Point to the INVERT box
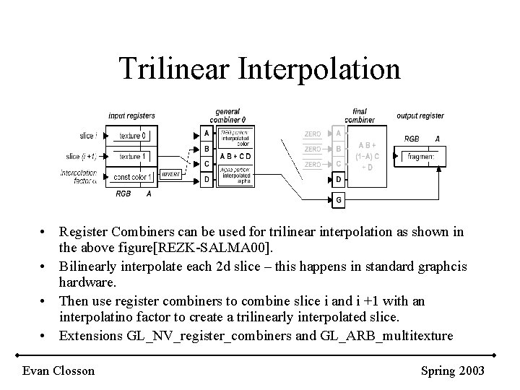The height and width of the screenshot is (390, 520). pyautogui.click(x=171, y=174)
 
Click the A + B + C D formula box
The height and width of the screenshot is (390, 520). pyautogui.click(x=235, y=156)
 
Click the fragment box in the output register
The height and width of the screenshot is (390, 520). pyautogui.click(x=420, y=156)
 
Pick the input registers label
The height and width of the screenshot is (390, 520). pyautogui.click(x=131, y=116)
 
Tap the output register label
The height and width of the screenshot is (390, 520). pyautogui.click(x=420, y=116)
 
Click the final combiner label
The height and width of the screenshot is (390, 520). pyautogui.click(x=359, y=115)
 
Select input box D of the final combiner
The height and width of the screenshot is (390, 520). pyautogui.click(x=338, y=178)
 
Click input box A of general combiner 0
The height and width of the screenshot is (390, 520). pyautogui.click(x=207, y=134)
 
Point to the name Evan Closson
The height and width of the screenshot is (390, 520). pyautogui.click(x=58, y=370)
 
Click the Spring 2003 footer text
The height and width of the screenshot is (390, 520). pyautogui.click(x=453, y=370)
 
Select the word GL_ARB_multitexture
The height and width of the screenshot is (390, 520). pyautogui.click(x=391, y=335)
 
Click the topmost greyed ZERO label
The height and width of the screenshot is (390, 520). pyautogui.click(x=313, y=134)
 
